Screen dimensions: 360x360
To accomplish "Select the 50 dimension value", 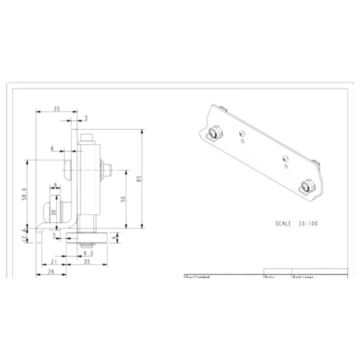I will (124, 199).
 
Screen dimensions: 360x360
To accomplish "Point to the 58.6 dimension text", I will (24, 195).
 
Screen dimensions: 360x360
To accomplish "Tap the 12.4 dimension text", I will (25, 238).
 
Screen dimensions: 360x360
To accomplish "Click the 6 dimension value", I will (52, 148).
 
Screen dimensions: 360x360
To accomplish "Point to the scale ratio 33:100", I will (308, 224).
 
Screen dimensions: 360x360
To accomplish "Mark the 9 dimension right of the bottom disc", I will (114, 240).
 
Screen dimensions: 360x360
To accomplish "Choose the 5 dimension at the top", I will (86, 118).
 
